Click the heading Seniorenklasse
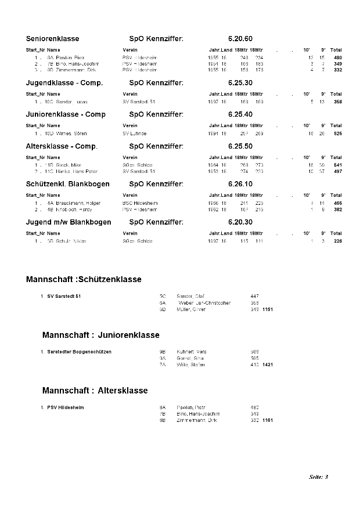tap(53, 39)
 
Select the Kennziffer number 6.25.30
tap(240, 83)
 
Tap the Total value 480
tap(337, 58)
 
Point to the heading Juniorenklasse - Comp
tap(66, 114)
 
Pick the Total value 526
tap(337, 133)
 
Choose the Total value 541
tap(337, 165)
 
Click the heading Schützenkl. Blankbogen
tap(68, 184)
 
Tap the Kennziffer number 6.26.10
tap(240, 184)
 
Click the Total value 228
tap(337, 241)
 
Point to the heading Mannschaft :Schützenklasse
tap(84, 279)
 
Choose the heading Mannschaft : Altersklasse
tap(95, 391)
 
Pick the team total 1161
tap(268, 420)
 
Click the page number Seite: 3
tap(319, 477)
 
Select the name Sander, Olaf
tap(190, 296)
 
